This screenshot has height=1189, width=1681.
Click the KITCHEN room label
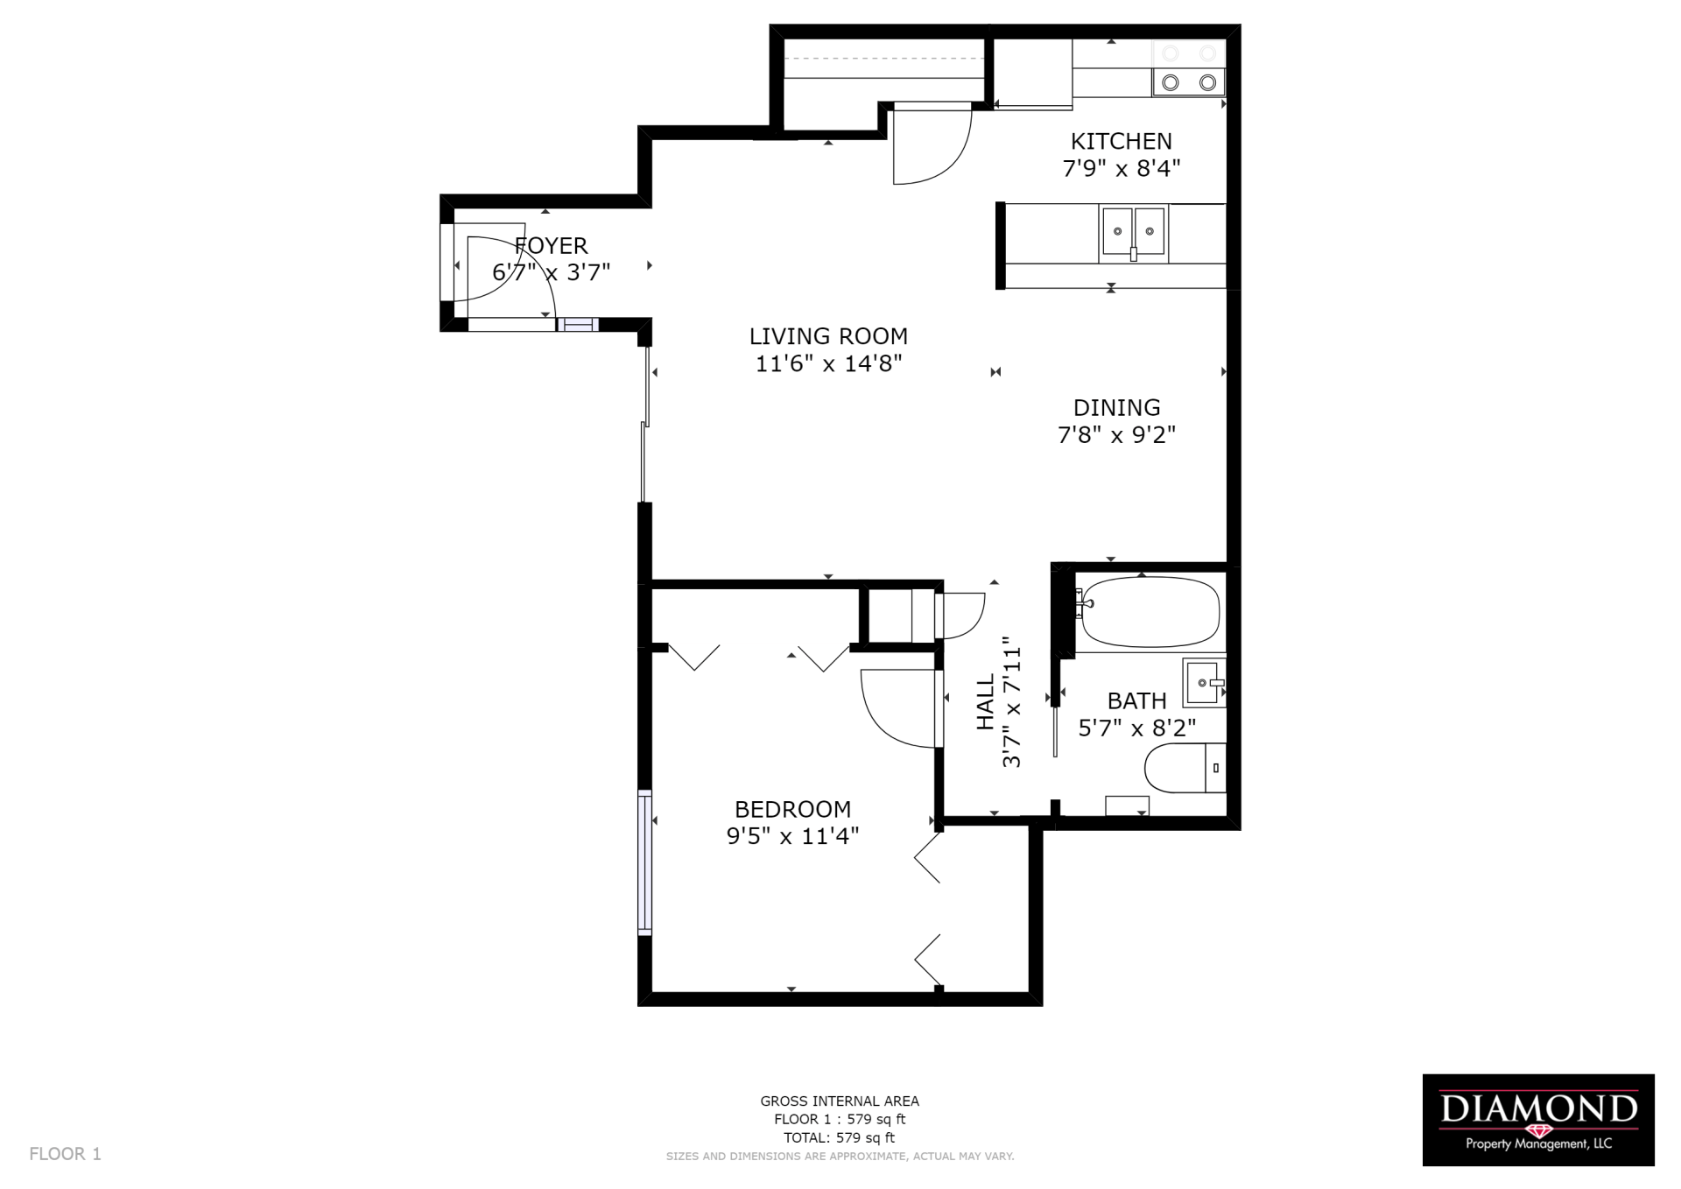[1121, 141]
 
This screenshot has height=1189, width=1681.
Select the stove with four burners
[1188, 68]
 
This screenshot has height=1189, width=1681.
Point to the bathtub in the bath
[1150, 611]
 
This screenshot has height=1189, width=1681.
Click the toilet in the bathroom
[1182, 768]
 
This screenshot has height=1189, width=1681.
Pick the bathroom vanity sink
[1204, 682]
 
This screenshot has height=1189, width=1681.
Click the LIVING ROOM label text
[828, 336]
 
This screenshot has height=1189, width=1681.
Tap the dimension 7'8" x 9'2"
[1116, 434]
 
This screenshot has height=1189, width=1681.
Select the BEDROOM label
[792, 809]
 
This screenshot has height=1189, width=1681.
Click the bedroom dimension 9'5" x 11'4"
[792, 836]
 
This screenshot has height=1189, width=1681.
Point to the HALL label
[986, 701]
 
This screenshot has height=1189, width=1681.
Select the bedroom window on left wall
[645, 862]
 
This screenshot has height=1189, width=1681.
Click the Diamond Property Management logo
[1537, 1119]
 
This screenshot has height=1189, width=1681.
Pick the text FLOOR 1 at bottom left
[65, 1154]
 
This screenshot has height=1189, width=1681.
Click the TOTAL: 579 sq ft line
[839, 1138]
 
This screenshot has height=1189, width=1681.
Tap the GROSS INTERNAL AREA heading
[839, 1101]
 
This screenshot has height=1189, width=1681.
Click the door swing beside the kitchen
[930, 144]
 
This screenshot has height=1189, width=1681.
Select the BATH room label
[1136, 700]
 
